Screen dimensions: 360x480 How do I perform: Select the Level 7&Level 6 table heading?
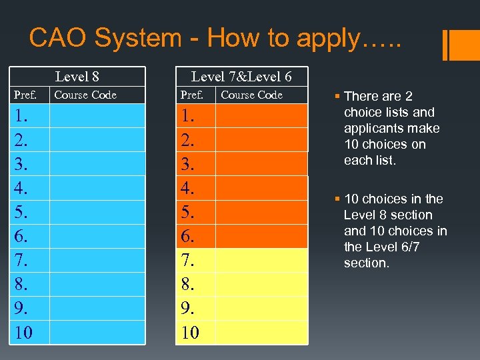pyautogui.click(x=241, y=77)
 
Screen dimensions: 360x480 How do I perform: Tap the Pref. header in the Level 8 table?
pyautogui.click(x=26, y=95)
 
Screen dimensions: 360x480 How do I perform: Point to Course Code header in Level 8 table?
pyautogui.click(x=85, y=95)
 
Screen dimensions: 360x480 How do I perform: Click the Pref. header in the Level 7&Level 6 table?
pyautogui.click(x=192, y=95)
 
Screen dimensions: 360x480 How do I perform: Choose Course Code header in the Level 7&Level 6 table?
pyautogui.click(x=251, y=95)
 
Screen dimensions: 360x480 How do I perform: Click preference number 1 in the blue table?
pyautogui.click(x=21, y=116)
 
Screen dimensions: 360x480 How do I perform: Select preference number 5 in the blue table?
pyautogui.click(x=21, y=212)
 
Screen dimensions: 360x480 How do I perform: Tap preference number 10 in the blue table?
pyautogui.click(x=23, y=332)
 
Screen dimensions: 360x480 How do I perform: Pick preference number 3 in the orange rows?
pyautogui.click(x=189, y=164)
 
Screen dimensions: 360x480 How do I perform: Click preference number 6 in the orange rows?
pyautogui.click(x=189, y=236)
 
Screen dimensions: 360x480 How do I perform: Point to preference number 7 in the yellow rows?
pyautogui.click(x=189, y=260)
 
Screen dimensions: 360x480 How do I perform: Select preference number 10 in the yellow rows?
pyautogui.click(x=191, y=332)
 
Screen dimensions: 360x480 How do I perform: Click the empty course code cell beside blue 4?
pyautogui.click(x=98, y=188)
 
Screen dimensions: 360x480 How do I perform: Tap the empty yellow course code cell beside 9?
pyautogui.click(x=261, y=308)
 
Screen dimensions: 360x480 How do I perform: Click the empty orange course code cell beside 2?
pyautogui.click(x=261, y=140)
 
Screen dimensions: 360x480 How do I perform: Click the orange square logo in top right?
pyautogui.click(x=461, y=45)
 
